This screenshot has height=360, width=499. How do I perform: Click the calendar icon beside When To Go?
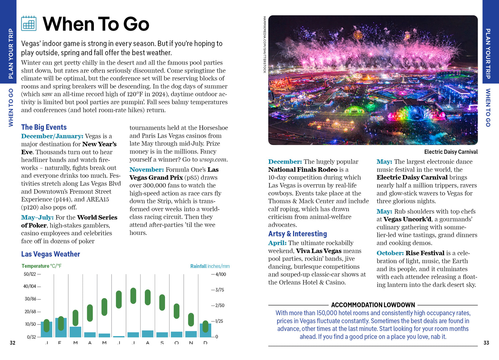(29, 23)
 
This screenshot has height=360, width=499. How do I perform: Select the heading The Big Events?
(44, 127)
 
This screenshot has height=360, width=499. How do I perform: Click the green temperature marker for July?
(133, 296)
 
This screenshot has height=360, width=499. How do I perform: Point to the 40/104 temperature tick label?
(30, 286)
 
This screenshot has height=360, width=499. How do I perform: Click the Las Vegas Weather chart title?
(51, 254)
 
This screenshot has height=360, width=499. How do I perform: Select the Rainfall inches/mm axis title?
(210, 266)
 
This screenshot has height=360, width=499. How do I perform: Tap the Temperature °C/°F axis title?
(42, 266)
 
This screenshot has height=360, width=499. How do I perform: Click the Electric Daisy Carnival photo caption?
(451, 152)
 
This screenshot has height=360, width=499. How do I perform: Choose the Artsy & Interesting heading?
(297, 234)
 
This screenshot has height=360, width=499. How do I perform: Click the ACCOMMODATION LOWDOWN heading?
(373, 305)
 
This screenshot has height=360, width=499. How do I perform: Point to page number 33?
(486, 343)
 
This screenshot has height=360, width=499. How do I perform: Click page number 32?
(13, 343)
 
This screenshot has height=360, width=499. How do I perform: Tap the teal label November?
(146, 170)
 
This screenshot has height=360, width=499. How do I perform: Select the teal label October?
(390, 253)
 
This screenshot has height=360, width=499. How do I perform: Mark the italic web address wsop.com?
(213, 160)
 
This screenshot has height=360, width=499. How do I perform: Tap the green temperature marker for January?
(47, 326)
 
